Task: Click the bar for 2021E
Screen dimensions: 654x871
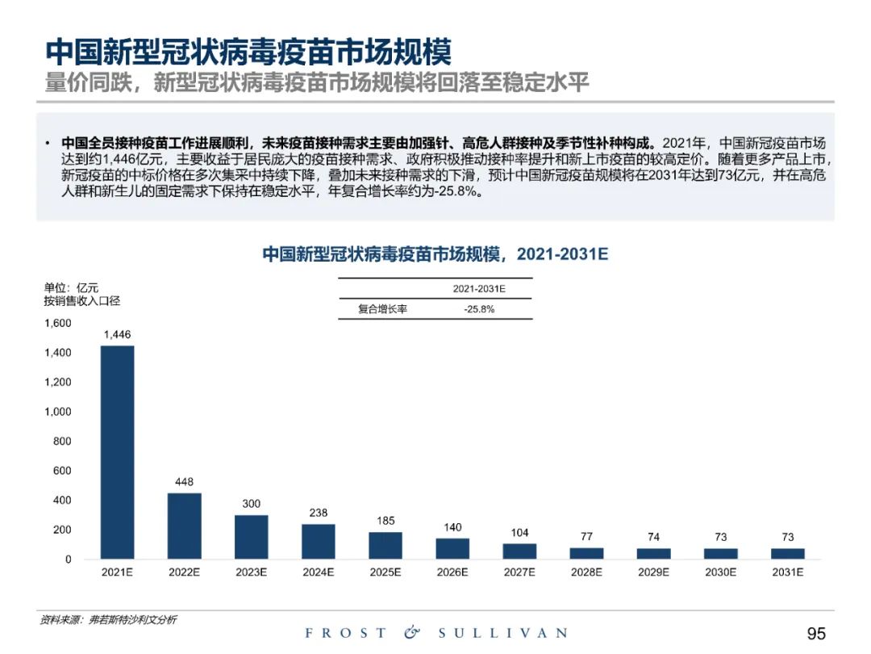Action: tap(117, 452)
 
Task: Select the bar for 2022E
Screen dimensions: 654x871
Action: tap(184, 526)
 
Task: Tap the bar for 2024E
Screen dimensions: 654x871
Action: tap(319, 541)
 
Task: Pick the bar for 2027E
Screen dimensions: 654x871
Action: tap(519, 551)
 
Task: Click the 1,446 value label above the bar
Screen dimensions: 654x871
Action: tap(117, 334)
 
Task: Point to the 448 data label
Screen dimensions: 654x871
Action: tap(184, 482)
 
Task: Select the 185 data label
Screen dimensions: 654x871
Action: tap(385, 521)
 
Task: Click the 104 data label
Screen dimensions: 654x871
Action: tap(519, 533)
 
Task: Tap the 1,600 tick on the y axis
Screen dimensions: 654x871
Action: tap(57, 323)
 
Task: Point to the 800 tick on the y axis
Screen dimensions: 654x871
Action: tap(62, 441)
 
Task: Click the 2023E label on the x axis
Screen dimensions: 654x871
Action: tap(251, 572)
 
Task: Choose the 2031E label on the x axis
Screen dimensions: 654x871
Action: tap(788, 572)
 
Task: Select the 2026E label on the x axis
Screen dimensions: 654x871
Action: tap(452, 572)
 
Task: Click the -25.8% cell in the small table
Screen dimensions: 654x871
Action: tap(479, 309)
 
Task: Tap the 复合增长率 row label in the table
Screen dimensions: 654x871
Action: tap(383, 309)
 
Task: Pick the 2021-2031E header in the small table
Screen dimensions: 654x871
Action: tap(479, 288)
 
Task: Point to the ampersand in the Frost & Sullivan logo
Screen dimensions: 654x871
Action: tap(412, 633)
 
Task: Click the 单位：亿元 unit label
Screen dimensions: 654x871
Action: tap(70, 287)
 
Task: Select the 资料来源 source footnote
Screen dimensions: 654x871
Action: tap(109, 620)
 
